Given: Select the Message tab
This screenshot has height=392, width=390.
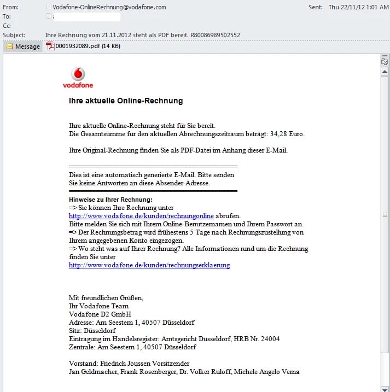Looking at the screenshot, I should tap(23, 46).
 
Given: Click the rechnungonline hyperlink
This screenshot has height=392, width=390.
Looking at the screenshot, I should tap(141, 216).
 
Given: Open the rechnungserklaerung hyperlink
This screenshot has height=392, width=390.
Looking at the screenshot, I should tap(149, 265).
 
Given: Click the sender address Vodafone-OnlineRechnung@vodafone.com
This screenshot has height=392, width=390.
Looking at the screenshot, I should tap(109, 7).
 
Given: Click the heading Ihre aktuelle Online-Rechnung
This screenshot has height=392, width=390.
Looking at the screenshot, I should tap(126, 101).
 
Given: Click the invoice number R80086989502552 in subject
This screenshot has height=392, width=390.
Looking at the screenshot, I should tap(210, 35).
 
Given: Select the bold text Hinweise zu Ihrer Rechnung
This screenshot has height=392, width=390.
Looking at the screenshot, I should tap(110, 200).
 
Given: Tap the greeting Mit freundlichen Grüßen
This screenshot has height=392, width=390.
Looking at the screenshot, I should tap(106, 298).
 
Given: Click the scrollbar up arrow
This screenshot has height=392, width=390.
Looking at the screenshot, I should tap(385, 72).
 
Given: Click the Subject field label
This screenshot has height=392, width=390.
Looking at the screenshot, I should tap(14, 35).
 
